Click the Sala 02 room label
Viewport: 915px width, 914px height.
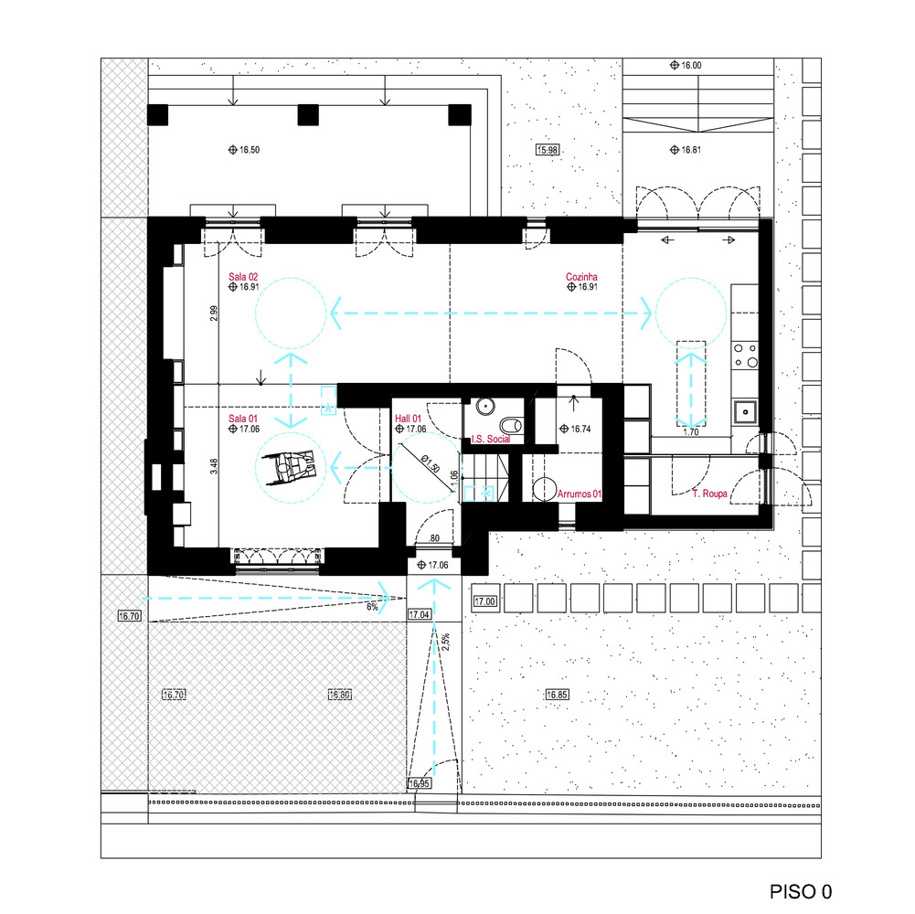click(243, 277)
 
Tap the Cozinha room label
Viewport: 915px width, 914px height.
click(581, 277)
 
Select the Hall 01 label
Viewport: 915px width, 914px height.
click(408, 419)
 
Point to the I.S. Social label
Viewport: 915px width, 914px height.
click(490, 439)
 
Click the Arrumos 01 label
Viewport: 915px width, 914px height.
click(579, 494)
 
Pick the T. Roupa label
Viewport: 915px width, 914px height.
click(709, 494)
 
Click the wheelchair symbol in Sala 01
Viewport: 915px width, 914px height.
click(290, 466)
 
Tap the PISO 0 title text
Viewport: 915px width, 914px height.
click(800, 891)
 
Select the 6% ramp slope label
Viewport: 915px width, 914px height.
click(372, 607)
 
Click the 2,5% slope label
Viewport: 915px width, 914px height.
click(446, 642)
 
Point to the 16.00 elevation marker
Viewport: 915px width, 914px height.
click(686, 66)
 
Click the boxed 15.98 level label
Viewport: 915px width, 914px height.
click(548, 150)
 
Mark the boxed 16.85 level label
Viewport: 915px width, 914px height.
click(557, 695)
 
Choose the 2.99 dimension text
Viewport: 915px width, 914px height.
click(214, 314)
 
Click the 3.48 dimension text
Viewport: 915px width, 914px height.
click(214, 466)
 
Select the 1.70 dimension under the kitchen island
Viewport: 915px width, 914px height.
click(691, 432)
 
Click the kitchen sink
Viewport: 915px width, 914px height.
click(745, 412)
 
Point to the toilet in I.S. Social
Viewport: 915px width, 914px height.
click(511, 424)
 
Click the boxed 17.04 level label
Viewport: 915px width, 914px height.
click(419, 614)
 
